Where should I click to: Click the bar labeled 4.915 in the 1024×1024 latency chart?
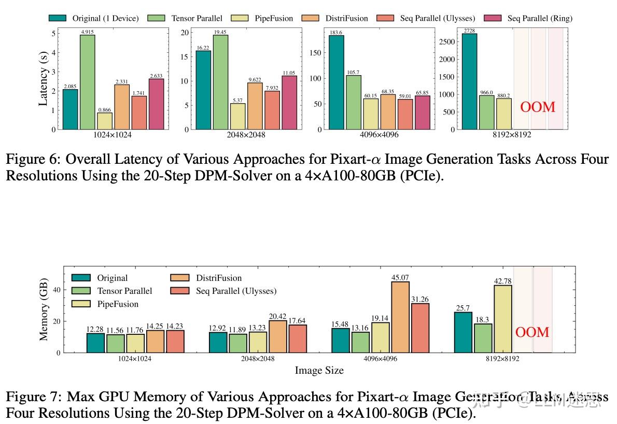[87, 82]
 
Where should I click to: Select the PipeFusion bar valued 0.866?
[105, 121]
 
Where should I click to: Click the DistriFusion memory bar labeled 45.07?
[400, 317]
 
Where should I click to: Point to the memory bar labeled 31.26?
[420, 328]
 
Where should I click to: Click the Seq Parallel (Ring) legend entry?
[529, 18]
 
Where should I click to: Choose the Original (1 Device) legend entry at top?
[94, 18]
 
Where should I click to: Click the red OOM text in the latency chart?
[538, 107]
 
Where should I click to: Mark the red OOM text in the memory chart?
[532, 332]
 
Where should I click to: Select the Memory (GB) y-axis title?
[44, 309]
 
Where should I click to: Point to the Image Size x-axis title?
[319, 370]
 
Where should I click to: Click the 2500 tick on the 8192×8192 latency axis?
[447, 41]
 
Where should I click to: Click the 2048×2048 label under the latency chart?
[246, 134]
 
